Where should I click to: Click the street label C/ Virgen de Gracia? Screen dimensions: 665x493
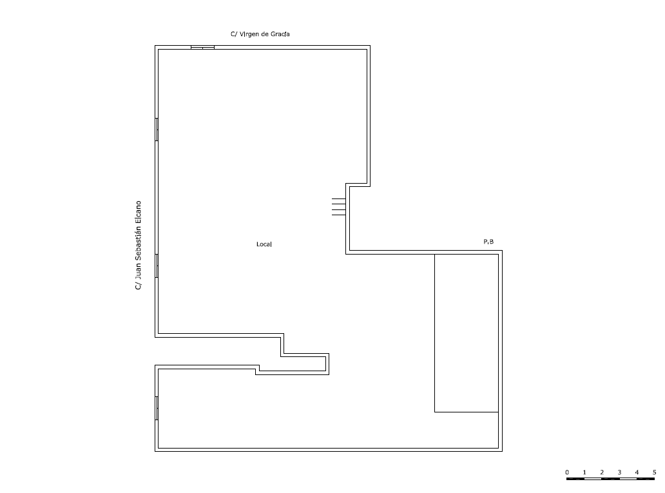pos(260,34)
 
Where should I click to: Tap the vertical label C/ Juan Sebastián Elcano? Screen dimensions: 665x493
pos(138,246)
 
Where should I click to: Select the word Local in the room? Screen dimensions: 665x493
pos(264,244)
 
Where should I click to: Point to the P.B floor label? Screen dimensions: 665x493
pos(488,242)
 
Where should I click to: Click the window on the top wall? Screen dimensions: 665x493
pos(202,48)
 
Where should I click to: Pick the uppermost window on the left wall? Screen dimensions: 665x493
pos(157,130)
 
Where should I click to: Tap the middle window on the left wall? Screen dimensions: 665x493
pos(157,266)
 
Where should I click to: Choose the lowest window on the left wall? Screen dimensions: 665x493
pos(157,408)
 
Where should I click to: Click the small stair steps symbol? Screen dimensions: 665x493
pos(339,207)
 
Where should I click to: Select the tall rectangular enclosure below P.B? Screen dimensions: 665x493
pos(435,333)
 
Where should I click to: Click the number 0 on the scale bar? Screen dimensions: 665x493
pos(567,472)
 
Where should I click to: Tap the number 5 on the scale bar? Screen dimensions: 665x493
pos(655,472)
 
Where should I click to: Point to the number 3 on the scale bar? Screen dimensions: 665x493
pos(619,472)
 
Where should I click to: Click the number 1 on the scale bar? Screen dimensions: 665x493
pos(584,472)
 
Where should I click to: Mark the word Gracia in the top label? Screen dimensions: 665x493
pos(280,34)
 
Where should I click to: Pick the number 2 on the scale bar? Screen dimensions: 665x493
pos(602,472)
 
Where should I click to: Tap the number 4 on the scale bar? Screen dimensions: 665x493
pos(637,472)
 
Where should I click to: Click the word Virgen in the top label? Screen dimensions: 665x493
pos(249,34)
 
